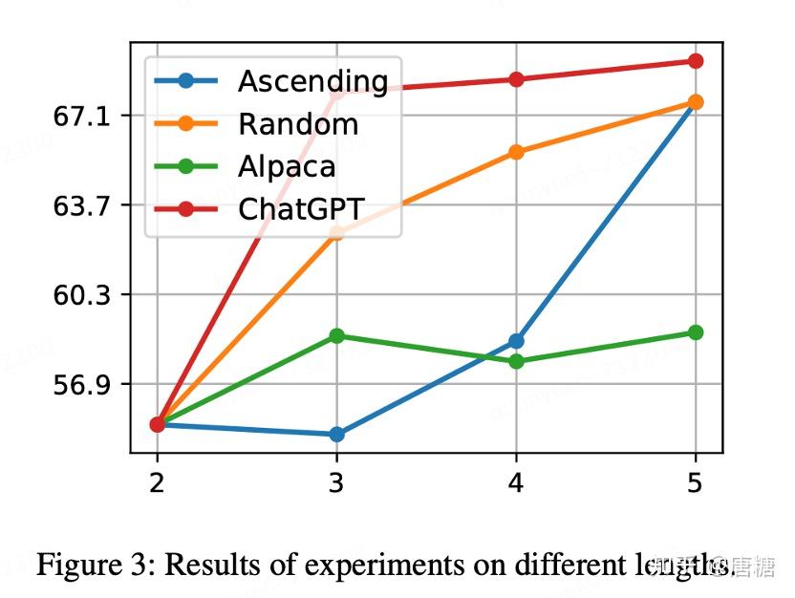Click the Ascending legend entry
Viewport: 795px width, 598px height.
point(312,81)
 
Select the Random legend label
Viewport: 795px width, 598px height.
point(298,124)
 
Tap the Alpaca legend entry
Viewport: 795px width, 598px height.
point(287,166)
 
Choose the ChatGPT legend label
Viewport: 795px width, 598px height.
point(302,208)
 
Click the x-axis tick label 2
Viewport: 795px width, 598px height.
point(157,482)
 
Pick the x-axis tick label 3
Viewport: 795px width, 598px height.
point(336,482)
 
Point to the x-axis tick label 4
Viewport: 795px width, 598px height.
point(516,482)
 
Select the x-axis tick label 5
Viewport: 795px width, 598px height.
point(695,482)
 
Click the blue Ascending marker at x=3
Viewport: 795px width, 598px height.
point(336,435)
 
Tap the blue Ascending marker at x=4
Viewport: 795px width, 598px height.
point(516,341)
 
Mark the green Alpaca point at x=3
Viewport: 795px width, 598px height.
point(336,335)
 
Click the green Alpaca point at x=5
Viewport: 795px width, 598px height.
point(696,332)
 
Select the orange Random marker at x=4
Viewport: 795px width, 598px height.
point(516,152)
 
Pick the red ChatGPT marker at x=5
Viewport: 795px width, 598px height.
point(696,61)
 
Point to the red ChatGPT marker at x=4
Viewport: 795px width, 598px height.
point(516,79)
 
